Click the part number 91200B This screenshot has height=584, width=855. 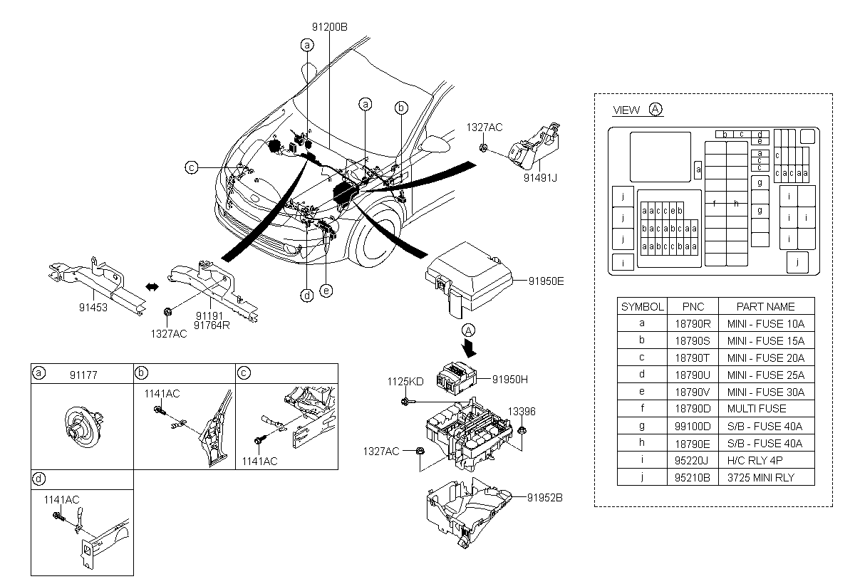pyautogui.click(x=329, y=27)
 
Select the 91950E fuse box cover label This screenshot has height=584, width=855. pyautogui.click(x=546, y=281)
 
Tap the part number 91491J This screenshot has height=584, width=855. pyautogui.click(x=540, y=178)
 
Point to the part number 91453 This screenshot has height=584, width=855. pyautogui.click(x=93, y=308)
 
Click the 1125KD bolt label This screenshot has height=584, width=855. pyautogui.click(x=405, y=382)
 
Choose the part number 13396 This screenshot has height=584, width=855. pyautogui.click(x=522, y=412)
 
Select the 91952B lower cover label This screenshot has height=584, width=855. pyautogui.click(x=544, y=498)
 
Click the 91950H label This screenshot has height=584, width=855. pyautogui.click(x=510, y=380)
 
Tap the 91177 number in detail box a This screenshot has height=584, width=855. pyautogui.click(x=83, y=375)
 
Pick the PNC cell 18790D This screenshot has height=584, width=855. pyautogui.click(x=693, y=409)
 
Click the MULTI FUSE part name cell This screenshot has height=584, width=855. pyautogui.click(x=757, y=409)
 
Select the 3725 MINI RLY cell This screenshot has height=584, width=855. pyautogui.click(x=761, y=478)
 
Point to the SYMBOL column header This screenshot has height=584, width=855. pyautogui.click(x=642, y=307)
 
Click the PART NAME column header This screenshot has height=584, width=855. pyautogui.click(x=765, y=307)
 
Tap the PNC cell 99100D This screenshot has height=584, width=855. pyautogui.click(x=693, y=427)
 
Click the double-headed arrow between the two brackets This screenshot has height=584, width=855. pyautogui.click(x=152, y=287)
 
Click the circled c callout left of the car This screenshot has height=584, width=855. pyautogui.click(x=192, y=167)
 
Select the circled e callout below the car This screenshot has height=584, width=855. pyautogui.click(x=326, y=291)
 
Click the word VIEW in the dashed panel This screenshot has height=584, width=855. pyautogui.click(x=626, y=110)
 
